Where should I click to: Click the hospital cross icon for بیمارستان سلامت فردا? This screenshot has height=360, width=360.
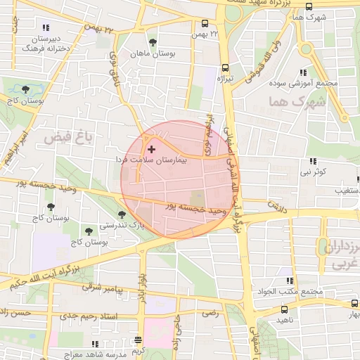click(x=151, y=149)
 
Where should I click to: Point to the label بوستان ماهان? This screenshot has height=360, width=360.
click(x=157, y=53)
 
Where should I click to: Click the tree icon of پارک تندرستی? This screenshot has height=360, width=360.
click(x=122, y=214)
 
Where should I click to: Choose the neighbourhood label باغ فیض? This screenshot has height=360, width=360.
click(x=69, y=138)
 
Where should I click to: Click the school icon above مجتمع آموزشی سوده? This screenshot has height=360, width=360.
click(x=303, y=72)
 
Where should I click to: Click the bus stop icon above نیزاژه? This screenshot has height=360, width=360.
click(x=225, y=68)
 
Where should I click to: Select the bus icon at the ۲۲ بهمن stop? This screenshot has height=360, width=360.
click(x=205, y=23)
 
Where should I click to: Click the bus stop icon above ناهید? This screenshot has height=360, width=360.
click(x=284, y=309)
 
